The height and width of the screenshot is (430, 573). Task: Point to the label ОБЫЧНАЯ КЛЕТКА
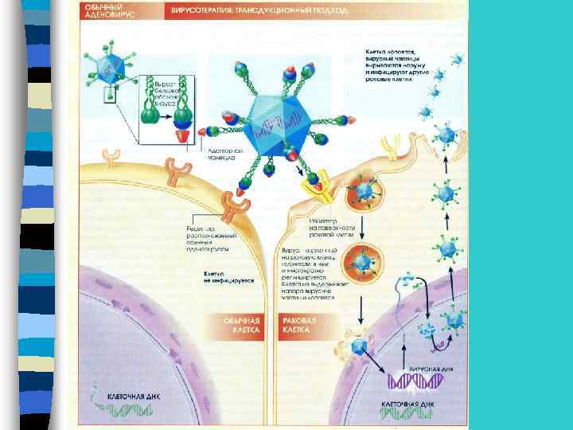[x=244, y=324]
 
